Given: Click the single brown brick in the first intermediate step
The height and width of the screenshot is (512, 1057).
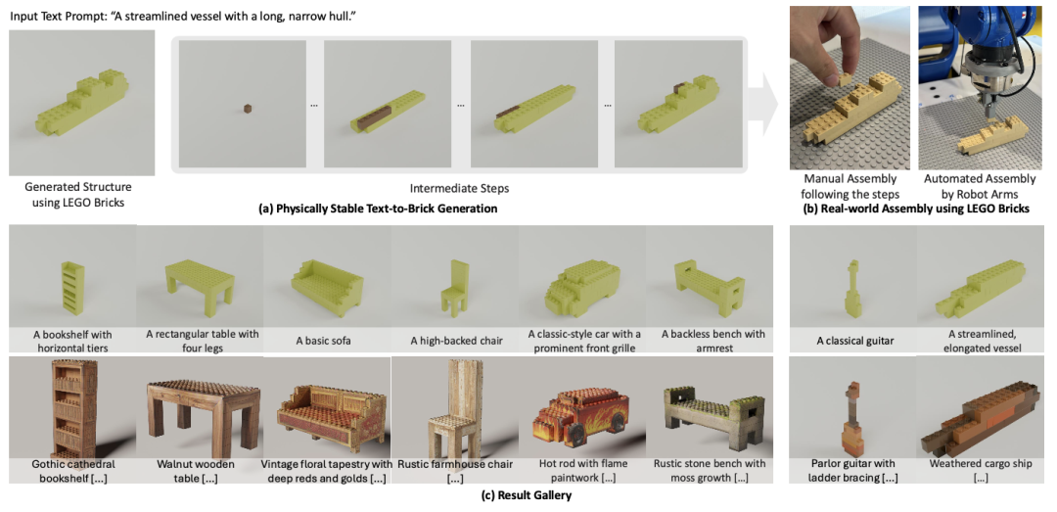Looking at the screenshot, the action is point(248,107).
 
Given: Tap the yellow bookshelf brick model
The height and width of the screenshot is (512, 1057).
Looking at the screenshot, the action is point(71,287).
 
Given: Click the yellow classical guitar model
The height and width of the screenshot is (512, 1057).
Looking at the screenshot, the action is point(852,289).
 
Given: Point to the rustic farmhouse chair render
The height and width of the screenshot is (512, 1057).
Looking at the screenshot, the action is point(454,404).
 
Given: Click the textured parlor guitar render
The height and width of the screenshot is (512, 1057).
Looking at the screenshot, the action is point(852,415).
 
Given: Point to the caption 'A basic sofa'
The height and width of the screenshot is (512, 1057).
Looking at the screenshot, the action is point(328,340).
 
